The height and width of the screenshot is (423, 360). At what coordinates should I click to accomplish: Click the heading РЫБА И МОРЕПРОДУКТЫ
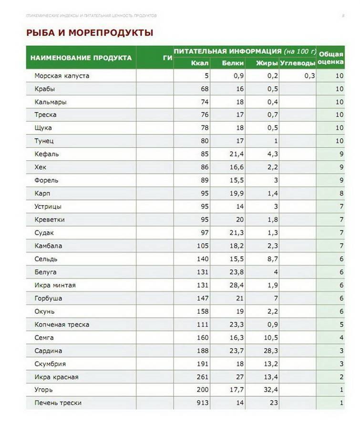90,33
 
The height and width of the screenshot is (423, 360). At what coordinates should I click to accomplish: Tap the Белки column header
233,63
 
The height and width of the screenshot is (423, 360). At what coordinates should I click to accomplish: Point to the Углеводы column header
298,63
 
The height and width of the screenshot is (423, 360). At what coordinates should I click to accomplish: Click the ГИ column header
167,58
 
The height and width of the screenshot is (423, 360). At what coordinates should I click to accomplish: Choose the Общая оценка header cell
330,58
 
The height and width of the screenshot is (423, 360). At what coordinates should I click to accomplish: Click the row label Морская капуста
62,76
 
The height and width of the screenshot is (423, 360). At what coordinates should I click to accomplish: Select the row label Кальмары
51,102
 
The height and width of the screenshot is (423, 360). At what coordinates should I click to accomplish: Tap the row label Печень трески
58,403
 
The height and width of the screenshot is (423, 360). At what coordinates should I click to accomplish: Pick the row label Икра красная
56,377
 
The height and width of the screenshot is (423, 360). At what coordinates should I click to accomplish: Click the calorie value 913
203,403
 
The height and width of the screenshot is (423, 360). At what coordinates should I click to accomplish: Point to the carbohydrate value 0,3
309,76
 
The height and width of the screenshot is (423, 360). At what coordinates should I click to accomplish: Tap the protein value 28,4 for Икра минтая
236,285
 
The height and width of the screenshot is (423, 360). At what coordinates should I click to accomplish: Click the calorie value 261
203,377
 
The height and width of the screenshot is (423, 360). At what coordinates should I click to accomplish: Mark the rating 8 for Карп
339,194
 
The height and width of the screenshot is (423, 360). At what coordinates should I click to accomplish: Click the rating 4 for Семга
339,338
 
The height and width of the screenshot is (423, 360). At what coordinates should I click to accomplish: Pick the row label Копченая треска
62,325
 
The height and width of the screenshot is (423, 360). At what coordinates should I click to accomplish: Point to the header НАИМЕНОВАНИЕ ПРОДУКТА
81,58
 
